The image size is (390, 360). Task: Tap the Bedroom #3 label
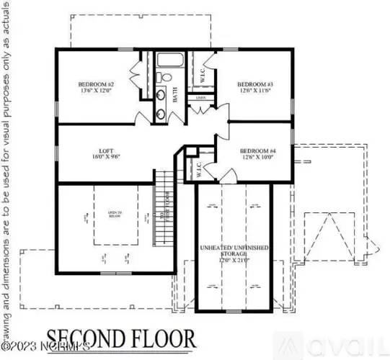pyautogui.click(x=254, y=85)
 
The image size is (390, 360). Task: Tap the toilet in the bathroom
pyautogui.click(x=164, y=77)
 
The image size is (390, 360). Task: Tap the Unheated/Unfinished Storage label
pyautogui.click(x=235, y=251)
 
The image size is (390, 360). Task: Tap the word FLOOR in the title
pyautogui.click(x=163, y=338)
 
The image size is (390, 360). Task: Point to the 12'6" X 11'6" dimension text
pyautogui.click(x=254, y=92)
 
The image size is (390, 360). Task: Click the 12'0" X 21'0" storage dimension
pyautogui.click(x=235, y=261)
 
